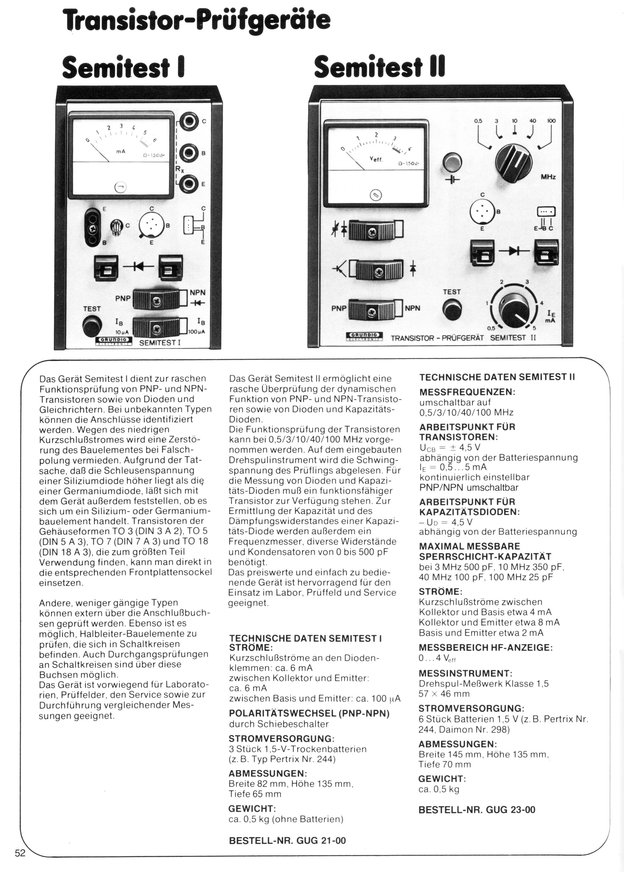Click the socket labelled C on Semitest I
tap(189, 122)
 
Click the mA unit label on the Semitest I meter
tap(121, 152)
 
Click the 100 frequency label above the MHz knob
tap(551, 121)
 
